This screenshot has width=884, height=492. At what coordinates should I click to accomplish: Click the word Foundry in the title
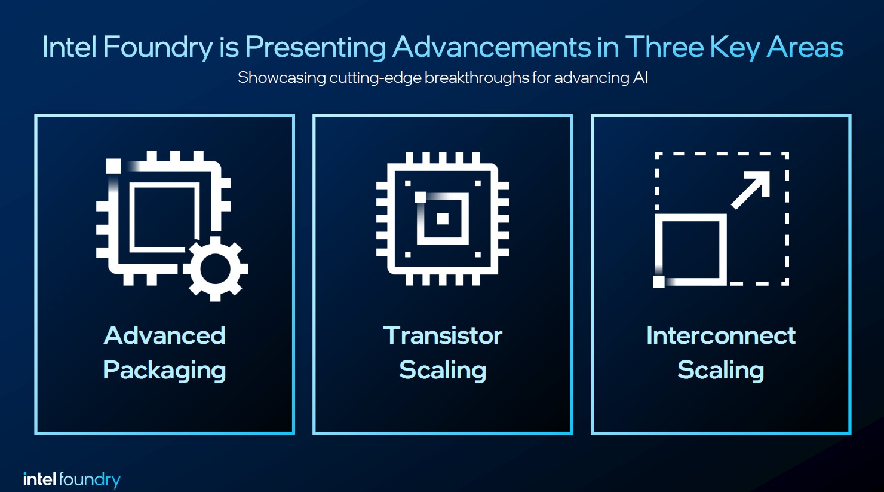158,47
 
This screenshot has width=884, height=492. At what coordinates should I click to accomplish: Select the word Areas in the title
805,47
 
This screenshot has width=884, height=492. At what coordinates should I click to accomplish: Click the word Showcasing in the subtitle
281,78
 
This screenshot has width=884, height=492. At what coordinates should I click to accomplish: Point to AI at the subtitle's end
640,78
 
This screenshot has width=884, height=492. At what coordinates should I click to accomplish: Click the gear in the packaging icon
215,268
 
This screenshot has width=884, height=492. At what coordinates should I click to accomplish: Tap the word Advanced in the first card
164,335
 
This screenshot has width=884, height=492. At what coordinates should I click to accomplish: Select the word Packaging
164,371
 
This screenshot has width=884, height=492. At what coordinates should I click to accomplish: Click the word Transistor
443,335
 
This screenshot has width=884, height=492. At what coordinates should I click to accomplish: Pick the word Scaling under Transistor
443,371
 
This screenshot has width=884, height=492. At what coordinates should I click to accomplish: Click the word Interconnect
720,335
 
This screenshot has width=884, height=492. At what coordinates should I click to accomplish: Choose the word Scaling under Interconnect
720,371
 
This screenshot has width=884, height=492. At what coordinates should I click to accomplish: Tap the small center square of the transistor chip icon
443,219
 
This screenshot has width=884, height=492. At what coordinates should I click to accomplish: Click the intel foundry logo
72,479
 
